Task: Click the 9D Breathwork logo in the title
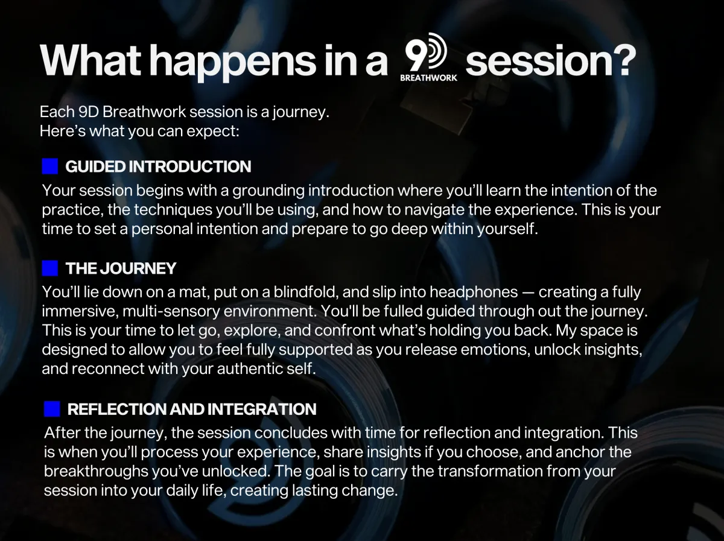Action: tap(428, 57)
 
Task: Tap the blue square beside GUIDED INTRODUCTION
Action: tap(50, 166)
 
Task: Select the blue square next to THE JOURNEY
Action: tap(50, 268)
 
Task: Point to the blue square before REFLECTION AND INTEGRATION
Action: tap(52, 409)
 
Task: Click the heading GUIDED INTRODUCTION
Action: tap(158, 166)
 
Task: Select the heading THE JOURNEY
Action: tap(121, 268)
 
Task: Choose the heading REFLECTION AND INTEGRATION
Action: tap(192, 409)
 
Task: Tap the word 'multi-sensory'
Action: tap(171, 312)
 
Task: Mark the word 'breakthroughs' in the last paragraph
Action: tap(96, 472)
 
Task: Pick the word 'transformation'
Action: tap(490, 471)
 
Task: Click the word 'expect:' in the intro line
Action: tap(213, 131)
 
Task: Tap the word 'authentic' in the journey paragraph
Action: tap(250, 369)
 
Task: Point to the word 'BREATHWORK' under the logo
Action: tap(429, 78)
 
